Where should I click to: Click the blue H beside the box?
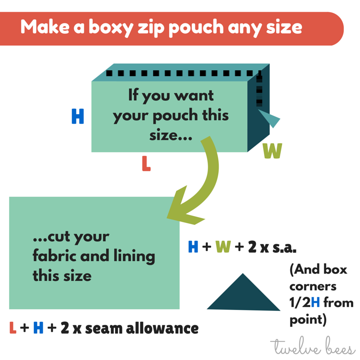pyautogui.click(x=78, y=117)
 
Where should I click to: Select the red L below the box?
pyautogui.click(x=146, y=164)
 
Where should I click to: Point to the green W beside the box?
pyautogui.click(x=272, y=151)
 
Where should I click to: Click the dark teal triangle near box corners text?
pyautogui.click(x=243, y=295)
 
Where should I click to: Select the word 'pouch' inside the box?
pyautogui.click(x=173, y=116)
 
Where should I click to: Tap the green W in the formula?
pyautogui.click(x=223, y=247)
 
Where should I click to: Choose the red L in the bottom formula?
pyautogui.click(x=13, y=328)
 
